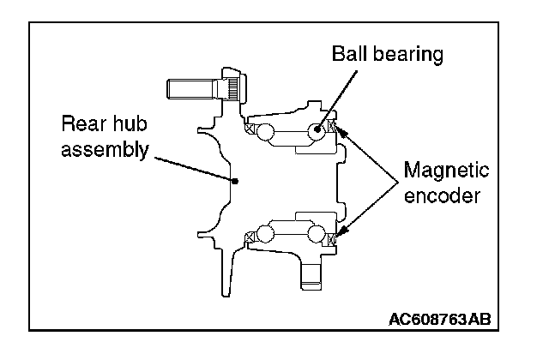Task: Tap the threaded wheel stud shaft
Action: point(192,87)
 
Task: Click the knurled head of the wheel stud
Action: point(234,87)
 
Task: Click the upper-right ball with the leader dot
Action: point(317,130)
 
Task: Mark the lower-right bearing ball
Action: point(317,234)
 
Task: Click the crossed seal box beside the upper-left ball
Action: point(250,129)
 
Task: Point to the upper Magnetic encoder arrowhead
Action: point(340,130)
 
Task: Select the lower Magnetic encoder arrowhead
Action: point(341,230)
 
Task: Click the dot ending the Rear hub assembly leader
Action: point(236,180)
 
